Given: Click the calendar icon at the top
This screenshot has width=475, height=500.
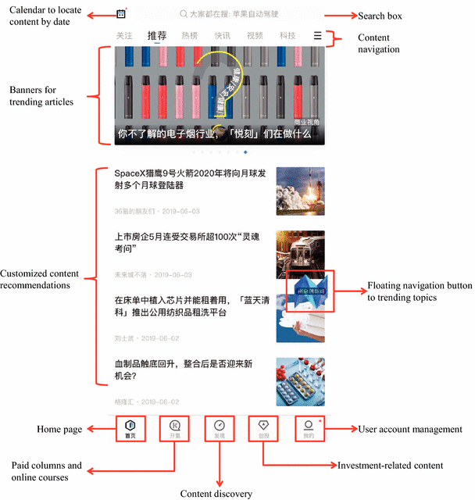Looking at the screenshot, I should pyautogui.click(x=121, y=14).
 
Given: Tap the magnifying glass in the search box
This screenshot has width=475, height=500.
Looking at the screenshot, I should pyautogui.click(x=183, y=14).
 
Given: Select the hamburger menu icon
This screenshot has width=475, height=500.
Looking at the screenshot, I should pyautogui.click(x=317, y=36).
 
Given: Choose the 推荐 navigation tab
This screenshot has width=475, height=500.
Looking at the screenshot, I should pyautogui.click(x=157, y=36).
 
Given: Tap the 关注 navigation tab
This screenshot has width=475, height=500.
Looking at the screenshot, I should pyautogui.click(x=124, y=36).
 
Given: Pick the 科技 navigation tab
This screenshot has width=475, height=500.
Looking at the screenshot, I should pyautogui.click(x=287, y=36).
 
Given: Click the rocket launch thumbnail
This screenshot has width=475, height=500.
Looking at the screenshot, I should pyautogui.click(x=300, y=191).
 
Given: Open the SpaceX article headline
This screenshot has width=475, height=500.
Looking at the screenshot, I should pyautogui.click(x=191, y=179).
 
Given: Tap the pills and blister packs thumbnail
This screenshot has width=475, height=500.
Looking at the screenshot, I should pyautogui.click(x=300, y=382).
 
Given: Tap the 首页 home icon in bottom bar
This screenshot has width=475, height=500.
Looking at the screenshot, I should pyautogui.click(x=130, y=428).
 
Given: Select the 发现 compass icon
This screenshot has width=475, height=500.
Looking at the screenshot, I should pyautogui.click(x=220, y=428).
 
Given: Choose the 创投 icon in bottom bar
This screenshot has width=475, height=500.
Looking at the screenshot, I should pyautogui.click(x=264, y=428).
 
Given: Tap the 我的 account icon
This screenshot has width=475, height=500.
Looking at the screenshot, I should pyautogui.click(x=309, y=428).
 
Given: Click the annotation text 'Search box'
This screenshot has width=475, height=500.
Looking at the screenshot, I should pyautogui.click(x=380, y=16).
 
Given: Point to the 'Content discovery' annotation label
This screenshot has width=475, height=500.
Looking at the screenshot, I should pyautogui.click(x=216, y=494).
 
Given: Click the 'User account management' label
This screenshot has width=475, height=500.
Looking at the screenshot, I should pyautogui.click(x=410, y=429).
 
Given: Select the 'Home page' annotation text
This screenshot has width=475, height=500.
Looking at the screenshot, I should pyautogui.click(x=59, y=430).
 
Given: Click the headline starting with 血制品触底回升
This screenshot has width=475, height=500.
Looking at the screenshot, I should pyautogui.click(x=185, y=370).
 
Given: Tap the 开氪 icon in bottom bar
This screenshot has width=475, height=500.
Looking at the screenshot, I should pyautogui.click(x=175, y=428).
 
